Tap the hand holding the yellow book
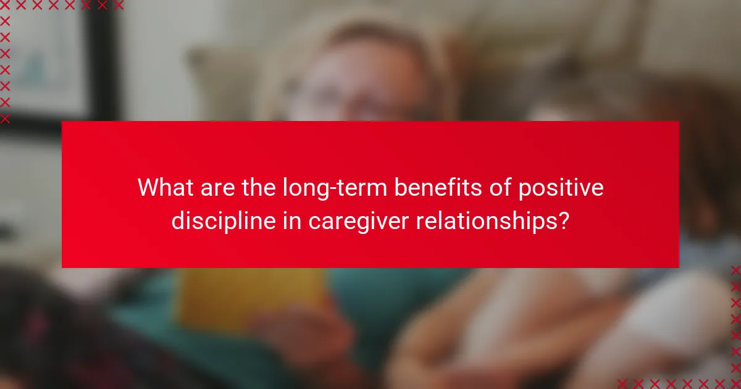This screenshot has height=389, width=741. point(296,333)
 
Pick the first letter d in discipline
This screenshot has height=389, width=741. point(178,220)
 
